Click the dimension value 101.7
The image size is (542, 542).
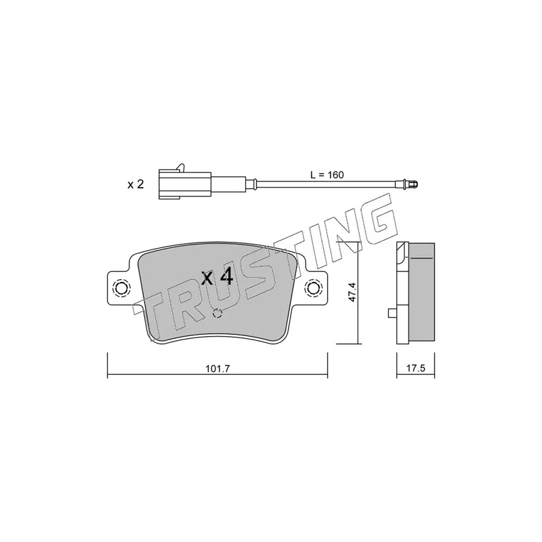217,369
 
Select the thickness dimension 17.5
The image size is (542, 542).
415,368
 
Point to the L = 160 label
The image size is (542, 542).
327,175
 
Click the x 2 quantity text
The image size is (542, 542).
135,184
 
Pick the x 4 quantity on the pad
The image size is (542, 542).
217,277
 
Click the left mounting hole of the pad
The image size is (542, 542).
121,287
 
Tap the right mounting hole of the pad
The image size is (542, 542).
313,287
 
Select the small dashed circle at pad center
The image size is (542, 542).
217,313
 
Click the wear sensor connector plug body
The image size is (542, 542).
184,184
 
